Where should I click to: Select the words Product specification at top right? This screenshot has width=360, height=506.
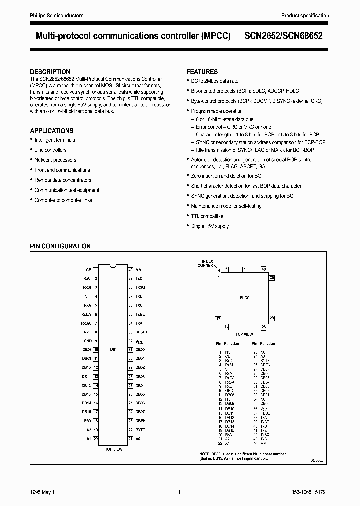tap(305, 16)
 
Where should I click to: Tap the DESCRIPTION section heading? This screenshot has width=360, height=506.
tap(50, 72)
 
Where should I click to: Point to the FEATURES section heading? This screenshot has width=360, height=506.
tap(202, 72)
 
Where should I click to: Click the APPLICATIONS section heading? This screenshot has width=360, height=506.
tap(52, 131)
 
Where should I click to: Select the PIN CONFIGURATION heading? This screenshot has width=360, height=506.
tap(60, 246)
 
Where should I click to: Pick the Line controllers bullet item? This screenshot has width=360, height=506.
tap(50, 150)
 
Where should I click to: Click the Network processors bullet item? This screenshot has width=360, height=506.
tap(55, 160)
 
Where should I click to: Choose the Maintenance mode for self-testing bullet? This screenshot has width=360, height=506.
tap(226, 206)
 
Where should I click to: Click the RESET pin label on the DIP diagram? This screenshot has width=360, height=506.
tap(141, 332)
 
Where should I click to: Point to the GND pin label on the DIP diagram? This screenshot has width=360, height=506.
tap(87, 341)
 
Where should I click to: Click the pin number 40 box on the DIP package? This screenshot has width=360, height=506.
tap(130, 269)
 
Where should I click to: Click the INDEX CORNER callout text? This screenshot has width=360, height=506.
tap(207, 263)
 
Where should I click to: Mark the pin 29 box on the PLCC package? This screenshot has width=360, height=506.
tap(272, 318)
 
